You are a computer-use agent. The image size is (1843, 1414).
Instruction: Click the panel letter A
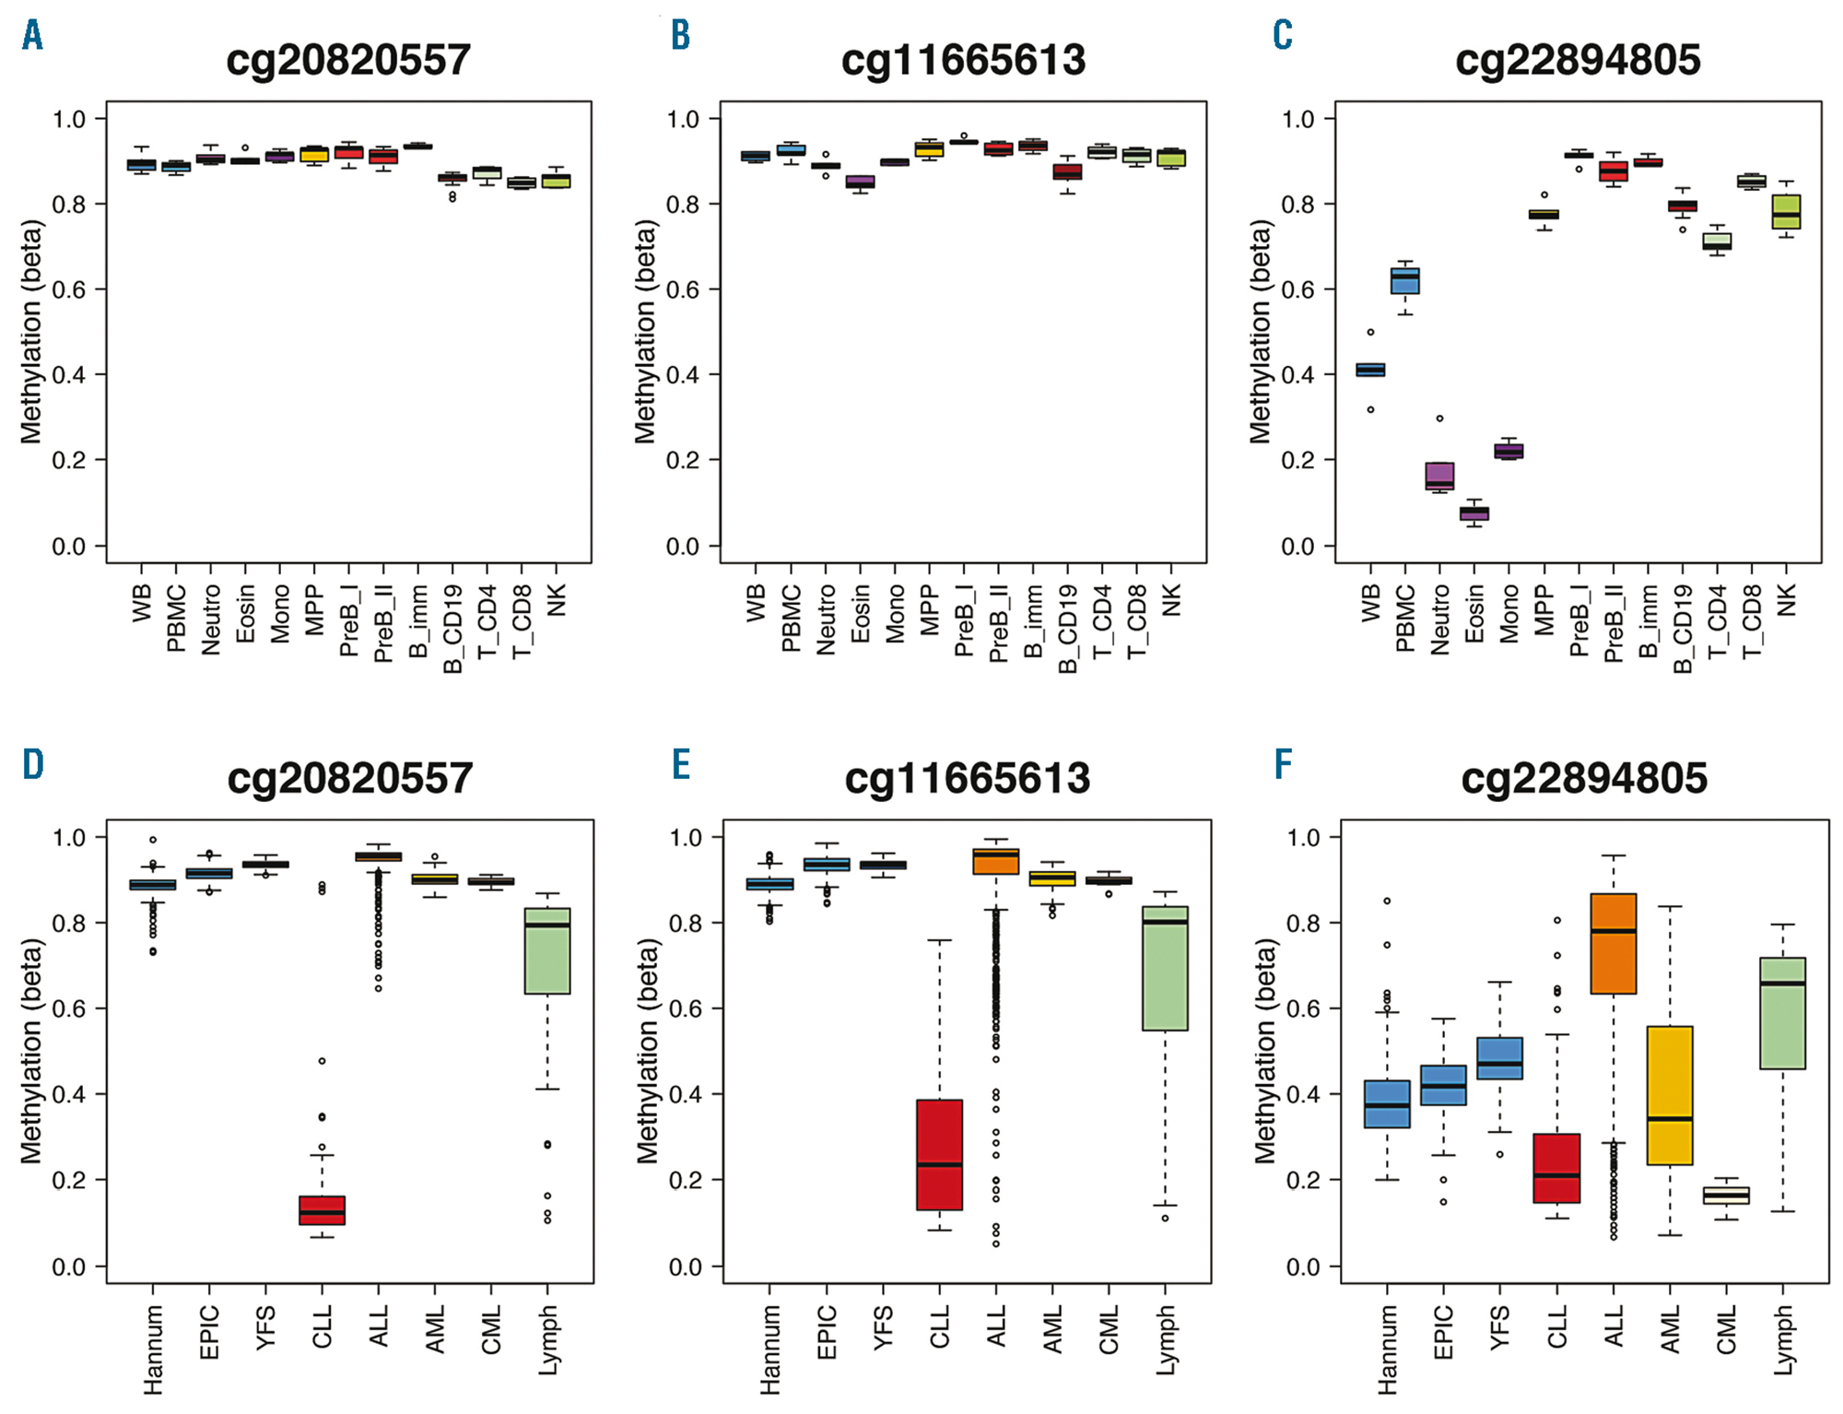pyautogui.click(x=33, y=36)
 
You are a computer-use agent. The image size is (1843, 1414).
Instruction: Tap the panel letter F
pyautogui.click(x=1283, y=764)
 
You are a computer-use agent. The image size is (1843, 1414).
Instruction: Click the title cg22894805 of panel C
pyautogui.click(x=1578, y=61)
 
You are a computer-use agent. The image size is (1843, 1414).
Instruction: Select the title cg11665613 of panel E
pyautogui.click(x=967, y=779)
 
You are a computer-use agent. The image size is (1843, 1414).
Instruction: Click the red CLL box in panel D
pyautogui.click(x=322, y=1209)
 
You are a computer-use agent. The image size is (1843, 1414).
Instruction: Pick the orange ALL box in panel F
pyautogui.click(x=1614, y=943)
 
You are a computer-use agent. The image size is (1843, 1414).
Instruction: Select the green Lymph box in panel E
pyautogui.click(x=1165, y=968)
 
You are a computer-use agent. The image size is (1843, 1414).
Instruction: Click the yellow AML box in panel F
pyautogui.click(x=1670, y=1095)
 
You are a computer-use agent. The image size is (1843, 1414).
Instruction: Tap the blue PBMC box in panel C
pyautogui.click(x=1404, y=280)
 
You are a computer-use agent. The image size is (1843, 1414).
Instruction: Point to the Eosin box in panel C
pyautogui.click(x=1474, y=513)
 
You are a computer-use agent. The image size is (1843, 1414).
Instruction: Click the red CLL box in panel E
pyautogui.click(x=939, y=1154)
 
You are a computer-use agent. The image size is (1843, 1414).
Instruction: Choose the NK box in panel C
pyautogui.click(x=1786, y=212)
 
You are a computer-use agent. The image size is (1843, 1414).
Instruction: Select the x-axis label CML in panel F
pyautogui.click(x=1726, y=1329)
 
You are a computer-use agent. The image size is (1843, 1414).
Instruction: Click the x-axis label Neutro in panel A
pyautogui.click(x=211, y=619)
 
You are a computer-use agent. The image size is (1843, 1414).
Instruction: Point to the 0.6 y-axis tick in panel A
pyautogui.click(x=68, y=289)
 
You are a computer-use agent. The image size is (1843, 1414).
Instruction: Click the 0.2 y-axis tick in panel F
pyautogui.click(x=1303, y=1181)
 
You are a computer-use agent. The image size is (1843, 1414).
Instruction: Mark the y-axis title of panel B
pyautogui.click(x=646, y=332)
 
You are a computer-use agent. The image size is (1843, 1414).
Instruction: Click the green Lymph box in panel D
pyautogui.click(x=547, y=950)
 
